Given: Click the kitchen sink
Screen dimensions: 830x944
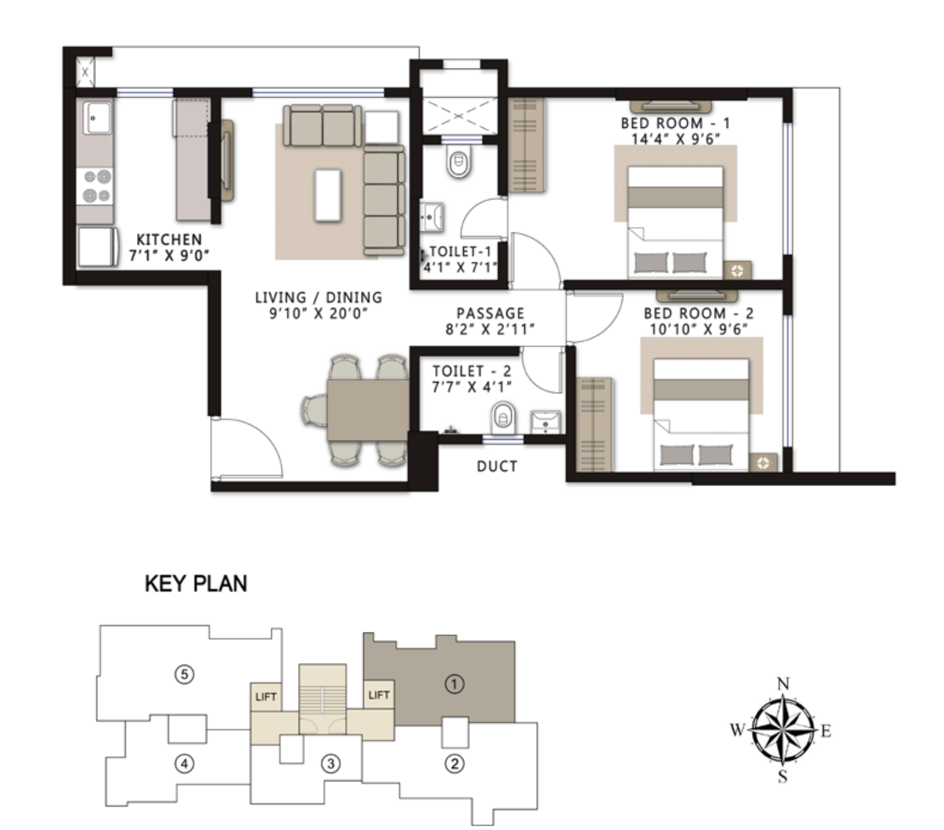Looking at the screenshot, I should click(97, 118).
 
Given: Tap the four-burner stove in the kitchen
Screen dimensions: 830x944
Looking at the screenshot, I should click(97, 186).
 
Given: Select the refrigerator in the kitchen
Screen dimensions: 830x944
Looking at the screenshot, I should click(97, 247).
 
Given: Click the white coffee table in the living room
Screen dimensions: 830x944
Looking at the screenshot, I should click(327, 194).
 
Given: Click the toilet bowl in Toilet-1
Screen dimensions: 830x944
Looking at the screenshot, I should click(459, 162).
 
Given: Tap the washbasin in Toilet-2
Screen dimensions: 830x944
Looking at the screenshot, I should click(546, 421).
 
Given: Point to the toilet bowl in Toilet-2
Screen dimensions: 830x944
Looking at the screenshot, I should click(503, 417).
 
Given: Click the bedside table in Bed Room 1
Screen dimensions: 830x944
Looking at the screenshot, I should click(737, 271).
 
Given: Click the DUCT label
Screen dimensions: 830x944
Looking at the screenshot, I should click(496, 466).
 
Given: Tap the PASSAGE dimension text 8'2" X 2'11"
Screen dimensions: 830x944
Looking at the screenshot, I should click(490, 330).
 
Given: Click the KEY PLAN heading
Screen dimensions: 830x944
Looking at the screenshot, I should click(196, 584).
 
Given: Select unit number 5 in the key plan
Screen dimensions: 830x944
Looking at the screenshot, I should click(184, 674).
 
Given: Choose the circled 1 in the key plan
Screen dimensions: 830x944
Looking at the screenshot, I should click(454, 684).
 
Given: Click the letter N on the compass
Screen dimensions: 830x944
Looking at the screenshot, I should click(783, 684).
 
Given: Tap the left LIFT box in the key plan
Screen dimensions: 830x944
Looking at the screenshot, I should click(265, 697).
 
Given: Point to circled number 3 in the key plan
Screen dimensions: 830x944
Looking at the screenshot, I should click(330, 763).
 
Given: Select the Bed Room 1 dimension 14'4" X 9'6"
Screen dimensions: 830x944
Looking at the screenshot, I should click(676, 139).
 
